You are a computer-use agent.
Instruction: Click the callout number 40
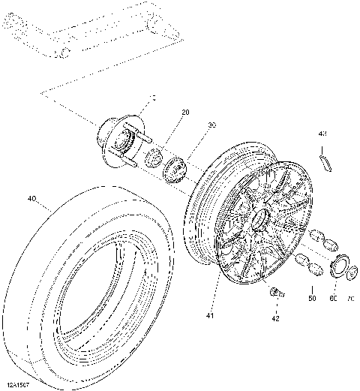tap(31, 199)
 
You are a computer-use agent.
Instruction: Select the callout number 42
tap(276, 317)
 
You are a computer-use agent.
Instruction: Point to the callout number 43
tap(323, 134)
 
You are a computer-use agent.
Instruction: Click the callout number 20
tap(184, 113)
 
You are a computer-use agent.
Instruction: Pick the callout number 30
tap(212, 125)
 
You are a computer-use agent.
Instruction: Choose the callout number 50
tap(312, 299)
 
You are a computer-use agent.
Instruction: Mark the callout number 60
tap(333, 299)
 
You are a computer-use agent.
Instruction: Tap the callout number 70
tap(349, 299)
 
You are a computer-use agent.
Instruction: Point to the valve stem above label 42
tap(276, 293)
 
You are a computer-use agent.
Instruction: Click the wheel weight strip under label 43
tap(325, 161)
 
